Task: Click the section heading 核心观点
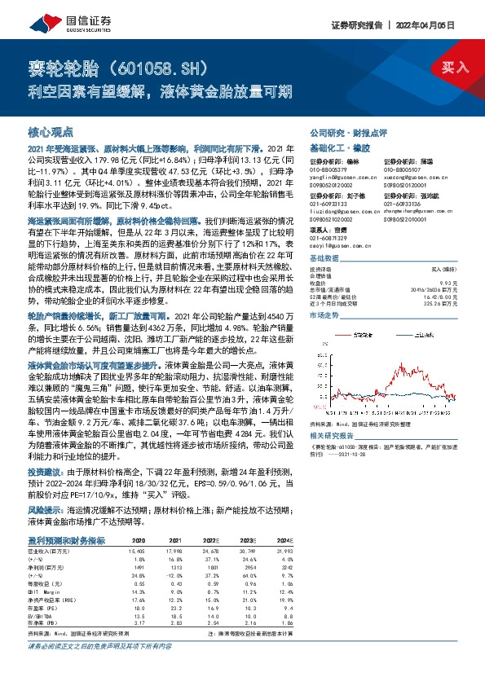click(x=51, y=131)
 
